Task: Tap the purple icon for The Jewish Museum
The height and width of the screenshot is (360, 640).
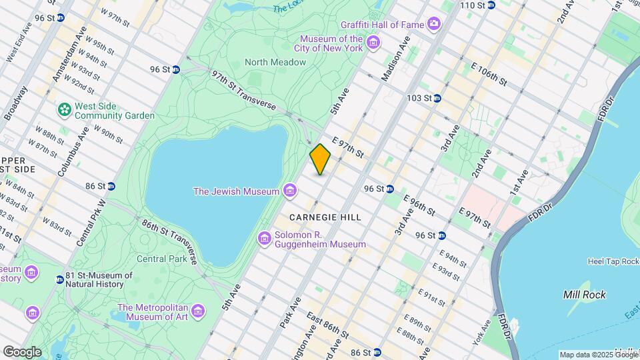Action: [x=289, y=191]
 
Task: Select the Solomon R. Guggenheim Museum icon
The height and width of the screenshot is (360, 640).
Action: [x=265, y=238]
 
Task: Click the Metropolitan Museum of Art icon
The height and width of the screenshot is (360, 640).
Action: [x=197, y=311]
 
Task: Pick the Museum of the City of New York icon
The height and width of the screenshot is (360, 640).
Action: [x=373, y=44]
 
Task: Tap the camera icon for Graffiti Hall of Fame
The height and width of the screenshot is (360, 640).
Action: [x=435, y=25]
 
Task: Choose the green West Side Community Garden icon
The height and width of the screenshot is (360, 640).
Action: [x=65, y=109]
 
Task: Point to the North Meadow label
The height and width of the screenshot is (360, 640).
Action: [x=275, y=62]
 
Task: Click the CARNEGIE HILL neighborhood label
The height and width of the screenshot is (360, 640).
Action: [x=325, y=217]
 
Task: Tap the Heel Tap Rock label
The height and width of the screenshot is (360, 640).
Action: [x=612, y=261]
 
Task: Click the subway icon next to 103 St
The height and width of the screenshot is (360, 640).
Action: [x=437, y=98]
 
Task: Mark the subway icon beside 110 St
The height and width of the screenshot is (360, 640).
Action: [x=491, y=5]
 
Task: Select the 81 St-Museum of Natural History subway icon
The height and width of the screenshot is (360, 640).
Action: [x=59, y=279]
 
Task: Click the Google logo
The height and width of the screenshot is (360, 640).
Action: [x=22, y=351]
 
